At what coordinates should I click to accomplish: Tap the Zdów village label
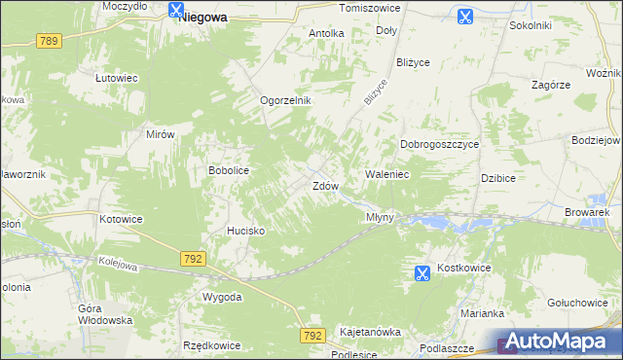coord(324,185)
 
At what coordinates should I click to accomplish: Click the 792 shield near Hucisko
coord(192,258)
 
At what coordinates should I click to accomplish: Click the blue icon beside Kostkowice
coord(421,274)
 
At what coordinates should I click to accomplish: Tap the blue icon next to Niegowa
coord(175,11)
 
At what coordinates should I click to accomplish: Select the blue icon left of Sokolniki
coord(464,16)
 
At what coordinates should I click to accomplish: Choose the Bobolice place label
coord(229,170)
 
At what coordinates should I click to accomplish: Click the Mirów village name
coord(159,135)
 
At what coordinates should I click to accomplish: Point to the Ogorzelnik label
coord(284,100)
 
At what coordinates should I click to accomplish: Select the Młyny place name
coord(380,217)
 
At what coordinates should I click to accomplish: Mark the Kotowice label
coord(121,219)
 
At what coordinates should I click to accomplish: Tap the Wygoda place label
coord(222,296)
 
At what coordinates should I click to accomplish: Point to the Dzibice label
coord(497,178)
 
